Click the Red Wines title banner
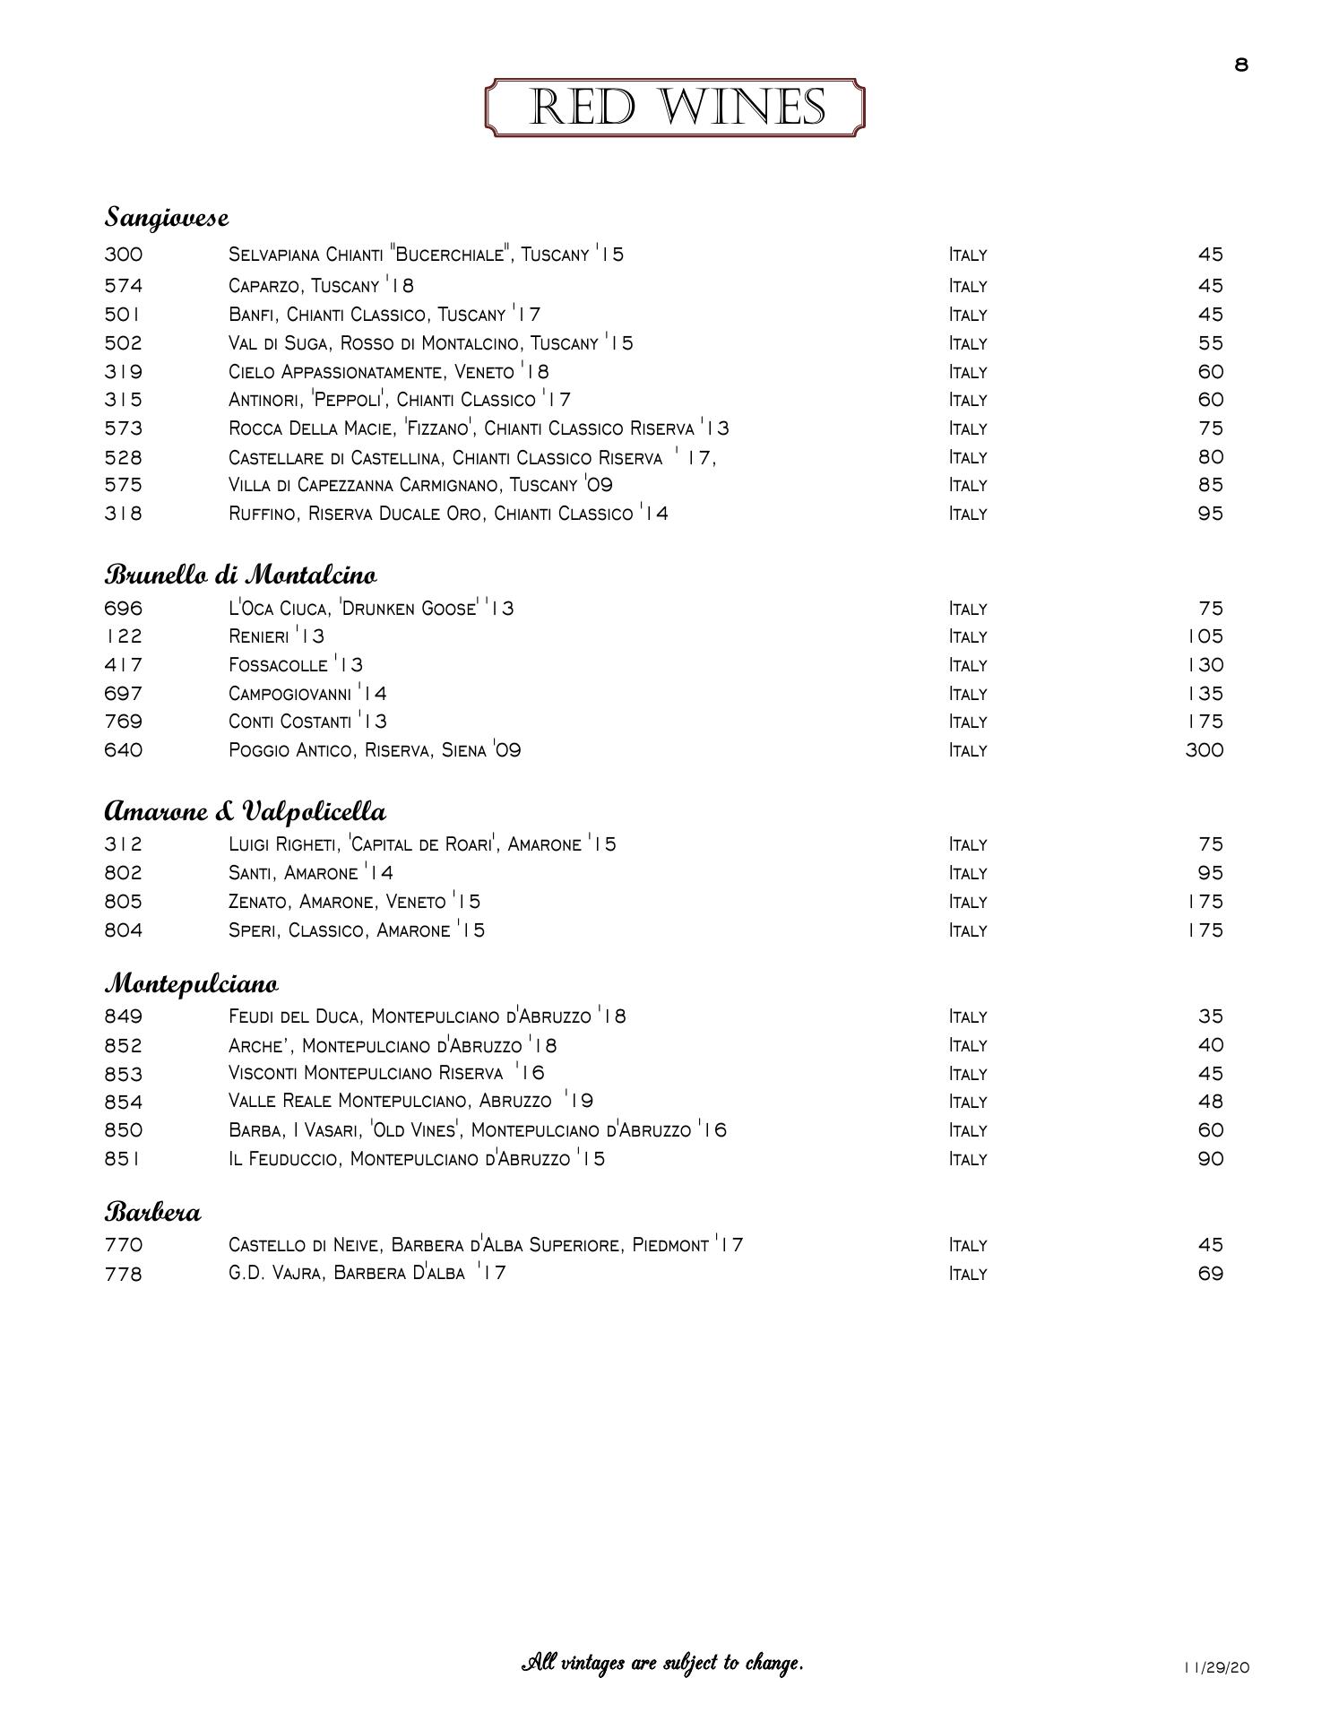675,108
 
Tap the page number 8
1241,65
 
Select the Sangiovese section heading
167,217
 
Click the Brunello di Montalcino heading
240,574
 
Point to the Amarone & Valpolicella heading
246,811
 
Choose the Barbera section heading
153,1213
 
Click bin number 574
124,286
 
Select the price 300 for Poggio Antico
1204,750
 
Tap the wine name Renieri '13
276,636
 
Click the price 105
1205,636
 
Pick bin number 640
124,750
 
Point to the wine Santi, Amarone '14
310,873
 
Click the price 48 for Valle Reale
1210,1102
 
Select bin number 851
123,1159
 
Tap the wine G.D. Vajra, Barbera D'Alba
367,1273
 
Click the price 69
1210,1274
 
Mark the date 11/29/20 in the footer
1215,1668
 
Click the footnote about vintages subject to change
662,1664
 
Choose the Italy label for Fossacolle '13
968,665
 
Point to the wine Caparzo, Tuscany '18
321,286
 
